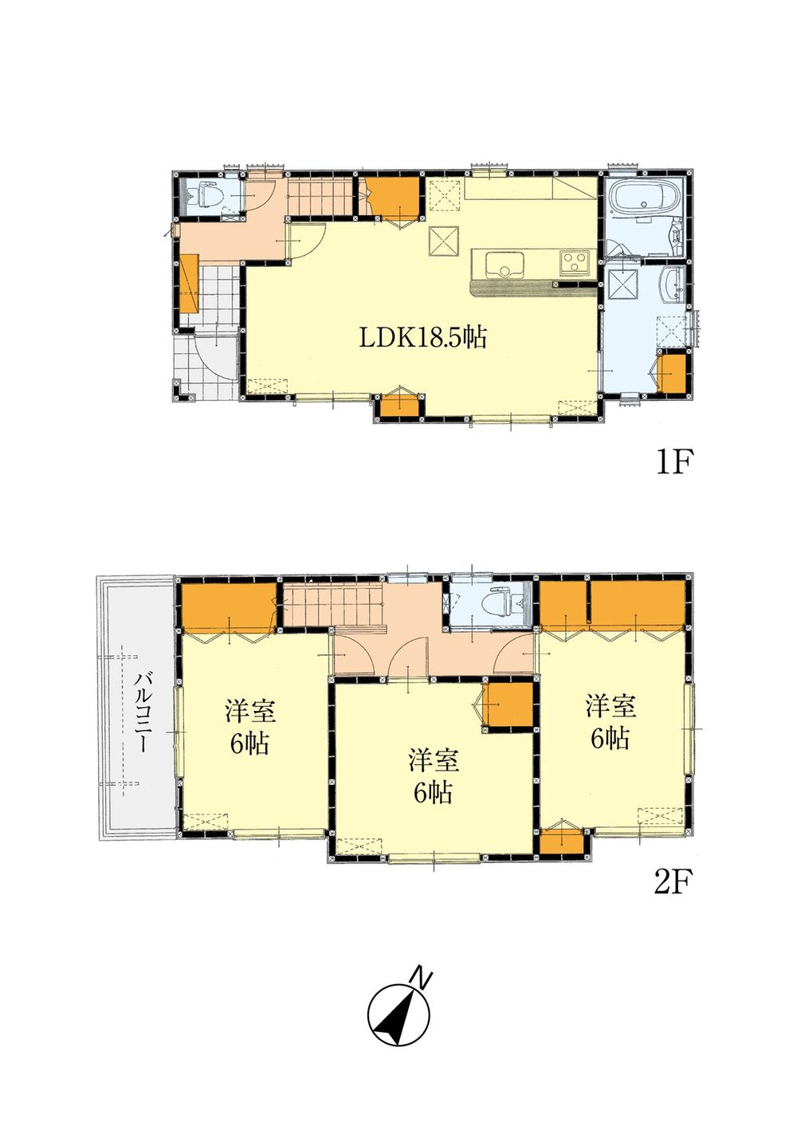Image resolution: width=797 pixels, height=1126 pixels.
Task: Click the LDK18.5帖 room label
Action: click(422, 338)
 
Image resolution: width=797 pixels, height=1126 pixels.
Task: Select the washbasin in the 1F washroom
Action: click(671, 283)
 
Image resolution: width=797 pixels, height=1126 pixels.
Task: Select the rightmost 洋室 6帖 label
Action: click(610, 722)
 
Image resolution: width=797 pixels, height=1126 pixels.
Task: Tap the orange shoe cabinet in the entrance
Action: click(189, 284)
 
